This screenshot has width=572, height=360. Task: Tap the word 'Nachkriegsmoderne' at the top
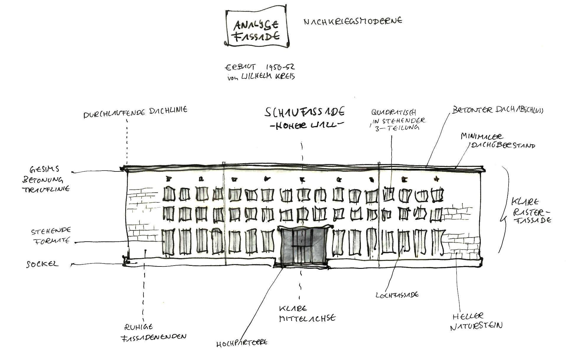click(x=353, y=21)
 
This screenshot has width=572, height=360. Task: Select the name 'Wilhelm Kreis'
click(x=268, y=76)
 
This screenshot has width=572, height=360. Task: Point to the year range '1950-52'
click(x=280, y=67)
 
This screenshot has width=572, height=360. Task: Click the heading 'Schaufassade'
click(x=305, y=112)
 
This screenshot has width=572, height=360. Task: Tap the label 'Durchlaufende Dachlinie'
click(x=135, y=112)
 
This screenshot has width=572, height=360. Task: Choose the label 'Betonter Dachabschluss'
click(x=498, y=110)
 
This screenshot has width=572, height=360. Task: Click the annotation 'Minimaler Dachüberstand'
click(x=498, y=141)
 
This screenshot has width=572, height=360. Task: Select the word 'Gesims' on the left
click(x=44, y=169)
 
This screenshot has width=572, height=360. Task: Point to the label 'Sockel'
click(x=43, y=264)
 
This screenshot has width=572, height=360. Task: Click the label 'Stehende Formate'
click(x=51, y=236)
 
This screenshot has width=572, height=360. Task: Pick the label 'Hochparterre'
click(x=242, y=343)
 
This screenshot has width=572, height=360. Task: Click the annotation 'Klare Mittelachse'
click(x=307, y=313)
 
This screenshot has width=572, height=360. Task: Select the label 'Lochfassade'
click(x=397, y=294)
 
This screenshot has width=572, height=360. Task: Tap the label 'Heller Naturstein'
click(x=476, y=321)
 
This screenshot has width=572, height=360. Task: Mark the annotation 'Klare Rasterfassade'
click(x=531, y=211)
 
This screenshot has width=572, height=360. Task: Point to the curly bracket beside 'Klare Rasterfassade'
click(x=504, y=210)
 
